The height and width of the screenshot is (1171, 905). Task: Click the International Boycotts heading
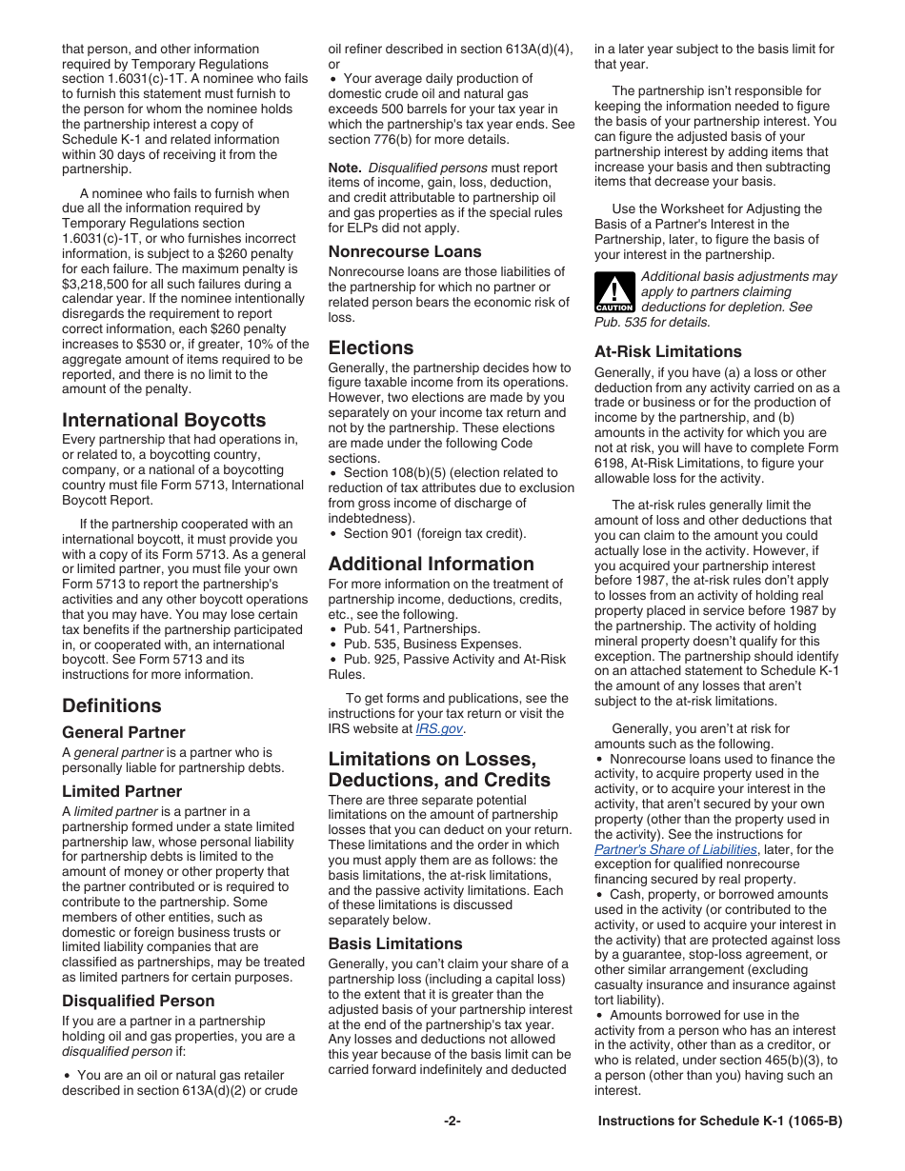click(x=164, y=420)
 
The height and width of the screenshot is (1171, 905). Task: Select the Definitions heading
click(x=111, y=705)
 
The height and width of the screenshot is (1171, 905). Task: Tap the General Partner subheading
click(x=124, y=732)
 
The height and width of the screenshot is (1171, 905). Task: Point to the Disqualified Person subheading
click(x=138, y=1001)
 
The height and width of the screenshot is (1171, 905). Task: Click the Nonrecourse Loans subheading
click(x=405, y=251)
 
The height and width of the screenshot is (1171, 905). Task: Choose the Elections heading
click(x=371, y=347)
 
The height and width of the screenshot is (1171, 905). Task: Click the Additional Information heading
click(x=431, y=564)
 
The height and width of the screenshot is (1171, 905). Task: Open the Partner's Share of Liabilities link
click(x=675, y=849)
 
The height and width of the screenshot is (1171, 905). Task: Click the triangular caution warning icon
click(x=613, y=291)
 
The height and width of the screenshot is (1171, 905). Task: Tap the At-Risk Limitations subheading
click(x=668, y=351)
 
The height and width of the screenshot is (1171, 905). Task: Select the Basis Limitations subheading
click(x=395, y=943)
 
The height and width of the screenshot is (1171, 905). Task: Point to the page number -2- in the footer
click(x=452, y=1121)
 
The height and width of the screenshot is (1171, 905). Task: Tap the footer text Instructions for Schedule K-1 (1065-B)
click(x=719, y=1121)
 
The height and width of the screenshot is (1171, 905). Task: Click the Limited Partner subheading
click(x=122, y=791)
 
